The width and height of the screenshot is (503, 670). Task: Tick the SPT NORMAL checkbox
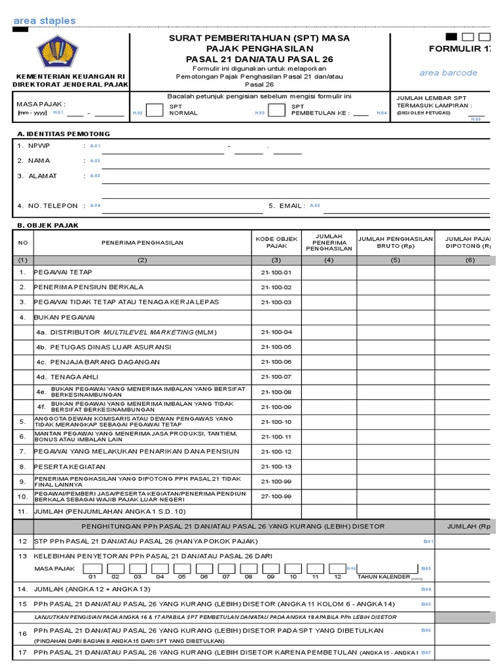155,110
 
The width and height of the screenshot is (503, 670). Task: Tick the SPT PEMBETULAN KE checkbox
276,110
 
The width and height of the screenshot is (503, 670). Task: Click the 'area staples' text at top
45,21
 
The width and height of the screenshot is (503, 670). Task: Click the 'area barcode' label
449,73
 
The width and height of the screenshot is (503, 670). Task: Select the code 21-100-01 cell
276,272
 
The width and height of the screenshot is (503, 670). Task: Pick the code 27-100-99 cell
276,497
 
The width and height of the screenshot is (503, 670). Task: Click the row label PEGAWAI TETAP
64,272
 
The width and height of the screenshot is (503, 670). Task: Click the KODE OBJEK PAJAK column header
276,242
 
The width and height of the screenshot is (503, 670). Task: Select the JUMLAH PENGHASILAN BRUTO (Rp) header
396,242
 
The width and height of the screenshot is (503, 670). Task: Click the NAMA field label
39,160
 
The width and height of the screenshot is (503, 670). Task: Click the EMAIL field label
286,205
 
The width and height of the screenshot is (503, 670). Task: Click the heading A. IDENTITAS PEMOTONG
64,133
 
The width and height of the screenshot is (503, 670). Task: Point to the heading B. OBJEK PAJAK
48,225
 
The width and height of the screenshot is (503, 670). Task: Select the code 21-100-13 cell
276,467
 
